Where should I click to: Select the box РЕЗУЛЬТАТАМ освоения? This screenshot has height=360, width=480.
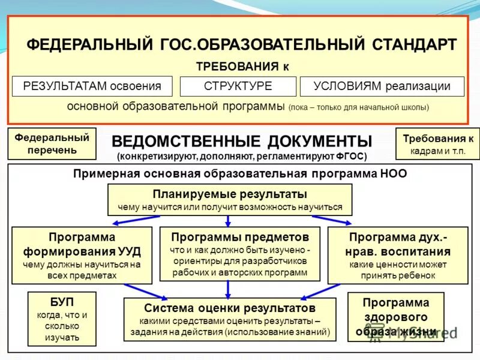[x=92, y=86]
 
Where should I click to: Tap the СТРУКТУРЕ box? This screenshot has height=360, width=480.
[x=238, y=86]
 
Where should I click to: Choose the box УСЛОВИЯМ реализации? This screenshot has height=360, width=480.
[x=382, y=86]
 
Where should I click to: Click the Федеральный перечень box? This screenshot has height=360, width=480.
[x=52, y=143]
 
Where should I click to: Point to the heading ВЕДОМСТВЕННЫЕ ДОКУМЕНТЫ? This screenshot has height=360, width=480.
[x=242, y=142]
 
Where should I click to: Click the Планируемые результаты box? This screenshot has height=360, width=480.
[x=230, y=200]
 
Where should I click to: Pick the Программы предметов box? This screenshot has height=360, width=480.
[x=240, y=254]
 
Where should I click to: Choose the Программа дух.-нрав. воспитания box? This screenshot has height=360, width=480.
[x=398, y=255]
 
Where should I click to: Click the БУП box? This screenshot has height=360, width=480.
[x=62, y=319]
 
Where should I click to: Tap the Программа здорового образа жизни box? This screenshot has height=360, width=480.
[x=396, y=317]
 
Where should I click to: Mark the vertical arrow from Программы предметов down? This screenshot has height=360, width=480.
[x=228, y=290]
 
